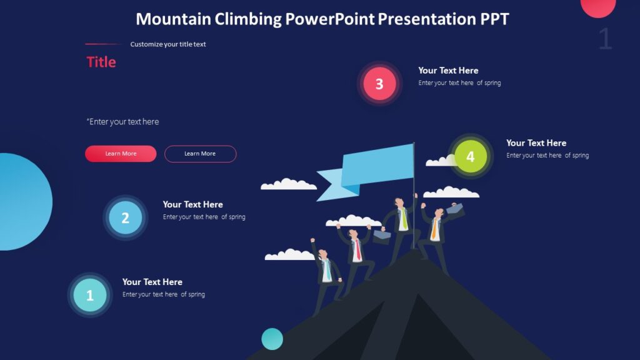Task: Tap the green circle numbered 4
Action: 471,156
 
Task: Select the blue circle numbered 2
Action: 125,217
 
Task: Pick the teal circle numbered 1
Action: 89,296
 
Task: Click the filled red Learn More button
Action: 121,154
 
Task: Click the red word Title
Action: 101,62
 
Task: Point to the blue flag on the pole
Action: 375,166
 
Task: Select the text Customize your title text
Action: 168,44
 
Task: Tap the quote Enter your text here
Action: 123,122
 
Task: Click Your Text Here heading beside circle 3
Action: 448,71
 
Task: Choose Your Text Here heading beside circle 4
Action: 536,143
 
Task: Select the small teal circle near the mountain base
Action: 272,339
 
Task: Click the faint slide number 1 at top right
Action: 604,39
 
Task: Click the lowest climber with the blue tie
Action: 326,275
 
